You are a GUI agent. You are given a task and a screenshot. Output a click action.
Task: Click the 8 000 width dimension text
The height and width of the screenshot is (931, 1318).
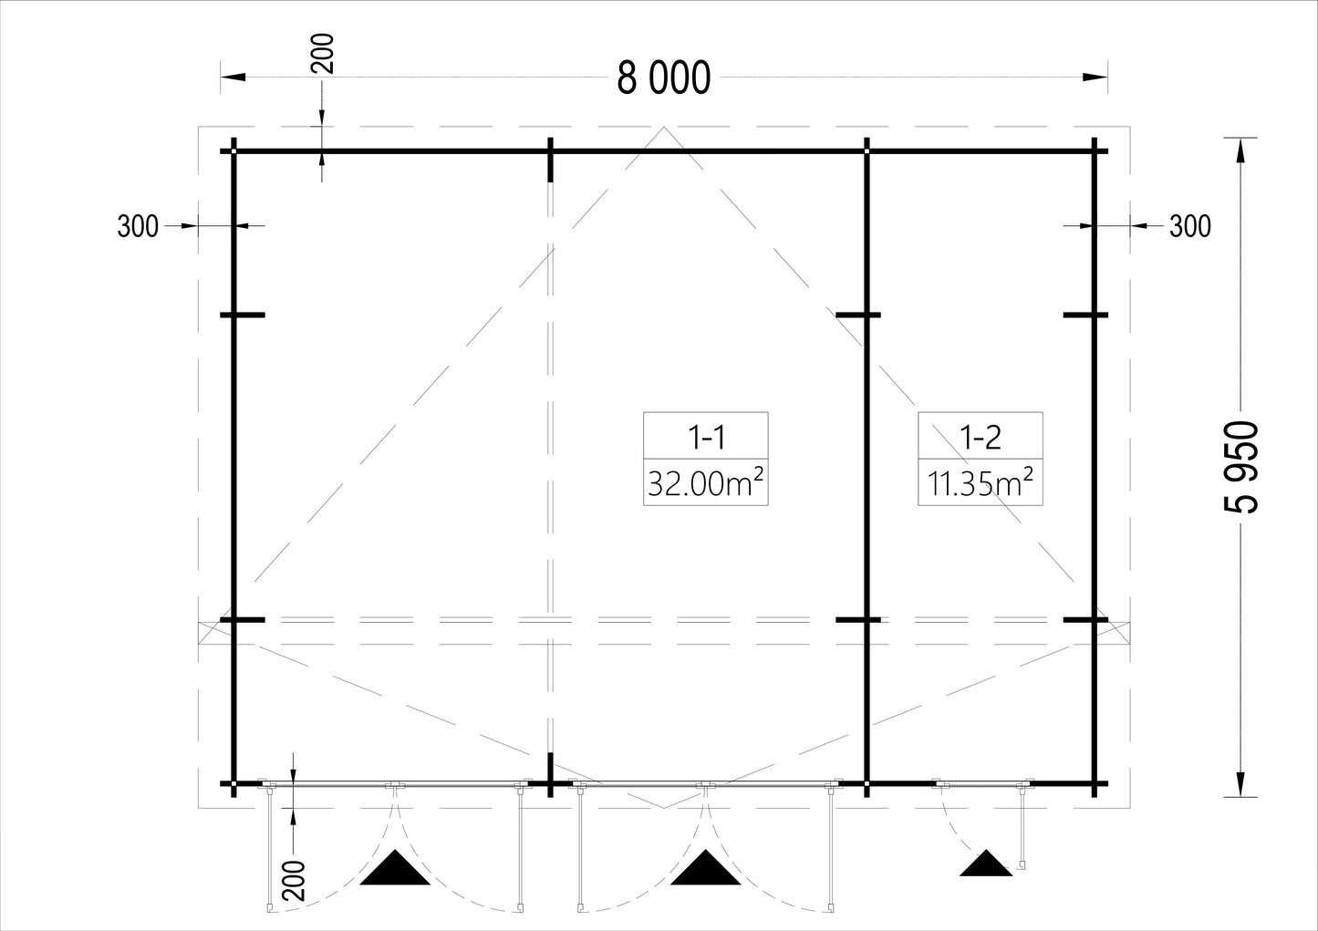664,78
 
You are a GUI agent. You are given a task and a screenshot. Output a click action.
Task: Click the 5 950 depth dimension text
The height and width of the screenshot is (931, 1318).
1241,467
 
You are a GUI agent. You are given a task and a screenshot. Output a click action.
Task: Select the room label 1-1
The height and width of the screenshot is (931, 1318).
706,438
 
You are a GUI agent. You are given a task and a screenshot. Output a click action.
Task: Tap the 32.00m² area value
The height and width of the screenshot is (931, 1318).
705,483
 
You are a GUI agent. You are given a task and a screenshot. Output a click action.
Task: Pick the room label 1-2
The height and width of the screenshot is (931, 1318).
981,438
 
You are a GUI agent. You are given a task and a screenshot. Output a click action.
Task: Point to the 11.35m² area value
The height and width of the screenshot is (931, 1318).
981,483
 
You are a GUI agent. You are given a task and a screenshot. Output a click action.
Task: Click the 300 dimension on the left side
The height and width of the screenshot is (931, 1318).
138,226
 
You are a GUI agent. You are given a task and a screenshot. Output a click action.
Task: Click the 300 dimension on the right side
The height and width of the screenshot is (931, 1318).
1190,226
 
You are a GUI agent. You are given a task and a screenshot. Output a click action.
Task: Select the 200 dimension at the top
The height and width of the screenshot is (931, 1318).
323,54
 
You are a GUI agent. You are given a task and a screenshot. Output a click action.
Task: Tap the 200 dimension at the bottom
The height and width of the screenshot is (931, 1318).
295,881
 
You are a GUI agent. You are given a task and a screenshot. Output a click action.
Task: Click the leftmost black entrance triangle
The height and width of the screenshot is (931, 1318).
395,867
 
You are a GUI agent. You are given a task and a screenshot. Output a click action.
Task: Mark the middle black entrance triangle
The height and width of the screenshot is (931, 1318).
705,867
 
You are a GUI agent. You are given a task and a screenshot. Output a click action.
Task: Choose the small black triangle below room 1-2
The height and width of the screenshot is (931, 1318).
986,863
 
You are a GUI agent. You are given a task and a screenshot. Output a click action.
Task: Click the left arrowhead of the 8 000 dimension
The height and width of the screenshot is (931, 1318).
233,77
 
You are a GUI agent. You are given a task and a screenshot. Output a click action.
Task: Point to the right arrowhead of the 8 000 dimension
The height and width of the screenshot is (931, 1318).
1095,77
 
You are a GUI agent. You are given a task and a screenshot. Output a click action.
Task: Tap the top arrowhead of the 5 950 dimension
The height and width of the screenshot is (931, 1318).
1240,150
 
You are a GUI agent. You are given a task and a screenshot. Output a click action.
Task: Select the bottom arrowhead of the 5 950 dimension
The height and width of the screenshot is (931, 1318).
1240,784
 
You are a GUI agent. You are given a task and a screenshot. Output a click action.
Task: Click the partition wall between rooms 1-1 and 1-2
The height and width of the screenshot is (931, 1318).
867,468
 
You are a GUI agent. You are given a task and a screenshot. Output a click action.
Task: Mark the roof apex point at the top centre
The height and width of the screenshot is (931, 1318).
664,127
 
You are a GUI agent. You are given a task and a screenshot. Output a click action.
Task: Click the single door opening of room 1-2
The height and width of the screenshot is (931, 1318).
981,783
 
